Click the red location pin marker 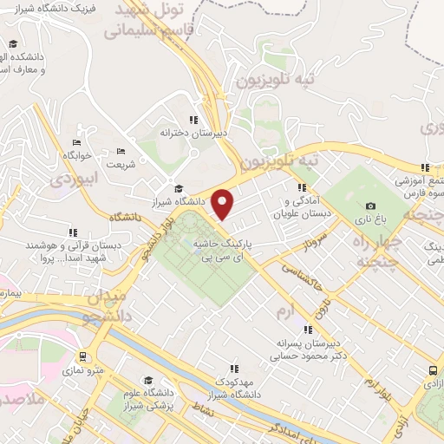click(223, 204)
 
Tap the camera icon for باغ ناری click(371, 206)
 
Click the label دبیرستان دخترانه click(193, 133)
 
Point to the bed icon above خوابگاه click(76, 142)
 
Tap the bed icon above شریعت click(121, 151)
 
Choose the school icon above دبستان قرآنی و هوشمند click(74, 232)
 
